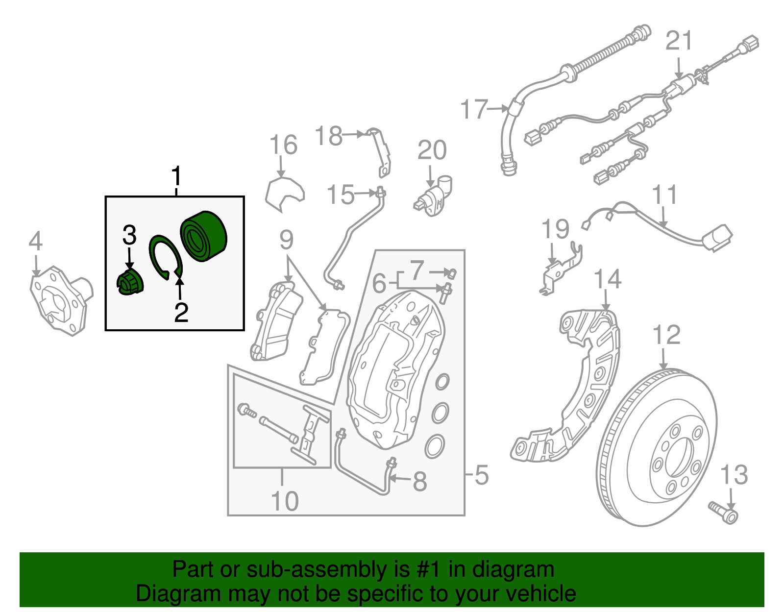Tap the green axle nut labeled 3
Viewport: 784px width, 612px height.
[130, 283]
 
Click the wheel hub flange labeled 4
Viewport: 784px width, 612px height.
[59, 300]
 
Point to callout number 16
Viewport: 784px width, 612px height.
[283, 145]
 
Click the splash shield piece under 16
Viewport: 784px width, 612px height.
[284, 194]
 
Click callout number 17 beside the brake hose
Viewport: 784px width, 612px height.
[474, 109]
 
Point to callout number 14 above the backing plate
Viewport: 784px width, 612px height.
[607, 279]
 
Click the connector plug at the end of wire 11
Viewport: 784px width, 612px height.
[717, 237]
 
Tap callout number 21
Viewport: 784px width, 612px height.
[679, 41]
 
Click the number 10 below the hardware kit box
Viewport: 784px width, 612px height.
[285, 501]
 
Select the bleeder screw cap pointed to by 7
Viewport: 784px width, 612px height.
[452, 272]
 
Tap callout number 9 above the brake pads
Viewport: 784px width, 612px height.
[286, 240]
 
